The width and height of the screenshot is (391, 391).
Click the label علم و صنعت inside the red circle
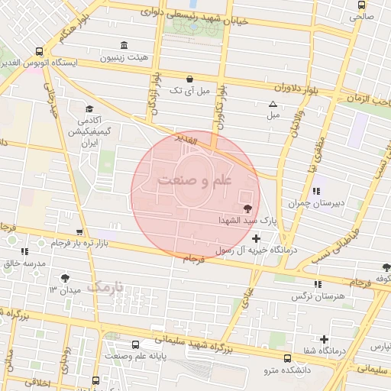[195, 181]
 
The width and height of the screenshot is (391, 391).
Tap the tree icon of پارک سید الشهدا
[247, 208]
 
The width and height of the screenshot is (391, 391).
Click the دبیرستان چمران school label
[315, 203]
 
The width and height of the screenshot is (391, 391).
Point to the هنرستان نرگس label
[324, 295]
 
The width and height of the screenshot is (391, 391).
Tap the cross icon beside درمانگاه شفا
[325, 339]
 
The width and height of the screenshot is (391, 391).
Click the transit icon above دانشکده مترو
[287, 358]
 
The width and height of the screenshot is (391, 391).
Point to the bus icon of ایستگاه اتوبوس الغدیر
[39, 51]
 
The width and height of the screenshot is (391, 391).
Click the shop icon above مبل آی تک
[189, 79]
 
